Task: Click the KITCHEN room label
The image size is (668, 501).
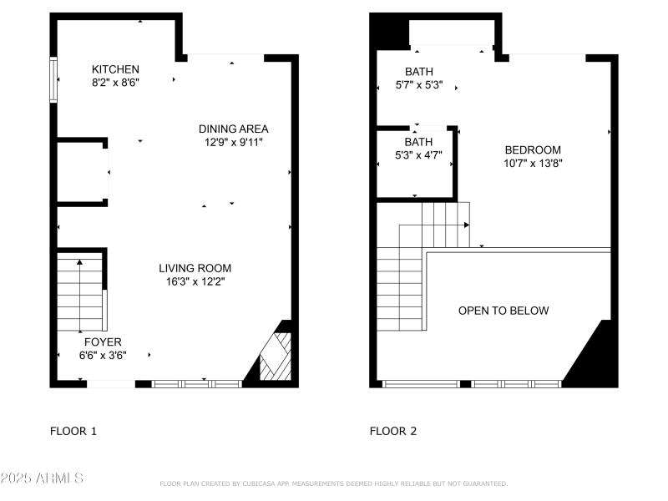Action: pos(115,69)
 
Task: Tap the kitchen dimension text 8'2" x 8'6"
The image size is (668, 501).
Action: pos(115,83)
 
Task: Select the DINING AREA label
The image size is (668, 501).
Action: pos(233,129)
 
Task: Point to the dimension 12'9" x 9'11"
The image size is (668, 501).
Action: pos(233,143)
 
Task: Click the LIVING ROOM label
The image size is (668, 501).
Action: pos(195,268)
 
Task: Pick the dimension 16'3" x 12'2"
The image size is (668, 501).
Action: pos(195,282)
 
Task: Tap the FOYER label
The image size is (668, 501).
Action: pos(103,342)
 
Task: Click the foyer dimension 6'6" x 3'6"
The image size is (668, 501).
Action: pos(103,356)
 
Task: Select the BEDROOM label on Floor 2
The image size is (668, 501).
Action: pos(533,149)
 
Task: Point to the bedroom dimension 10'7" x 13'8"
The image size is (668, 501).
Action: pos(533,164)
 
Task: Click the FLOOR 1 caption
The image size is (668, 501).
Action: pos(73,432)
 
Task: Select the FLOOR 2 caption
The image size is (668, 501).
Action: pos(393,432)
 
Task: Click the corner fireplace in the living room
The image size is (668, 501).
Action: pos(275,357)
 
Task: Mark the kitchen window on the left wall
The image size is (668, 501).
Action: pos(53,79)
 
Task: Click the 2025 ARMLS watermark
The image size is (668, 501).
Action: pos(42,478)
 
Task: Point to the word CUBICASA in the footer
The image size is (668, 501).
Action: pos(261,483)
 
